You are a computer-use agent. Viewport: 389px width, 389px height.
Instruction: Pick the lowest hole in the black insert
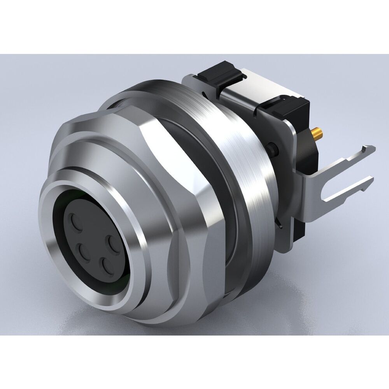click(105, 266)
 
